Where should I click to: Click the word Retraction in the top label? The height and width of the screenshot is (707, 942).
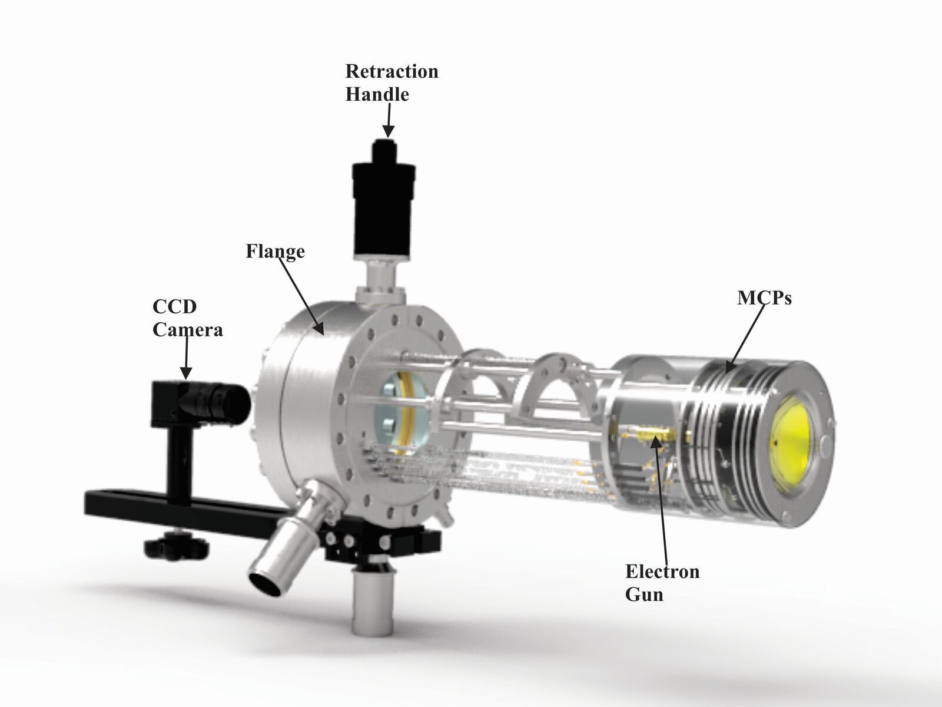coord(392,71)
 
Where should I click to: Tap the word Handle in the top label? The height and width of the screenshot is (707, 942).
coord(377,94)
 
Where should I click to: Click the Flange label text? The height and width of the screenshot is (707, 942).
coord(275,252)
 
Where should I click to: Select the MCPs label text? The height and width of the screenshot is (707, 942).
coord(764,298)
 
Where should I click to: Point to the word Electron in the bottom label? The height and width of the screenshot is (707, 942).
coord(662,571)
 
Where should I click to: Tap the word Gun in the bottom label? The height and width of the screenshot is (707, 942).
coord(644,594)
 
